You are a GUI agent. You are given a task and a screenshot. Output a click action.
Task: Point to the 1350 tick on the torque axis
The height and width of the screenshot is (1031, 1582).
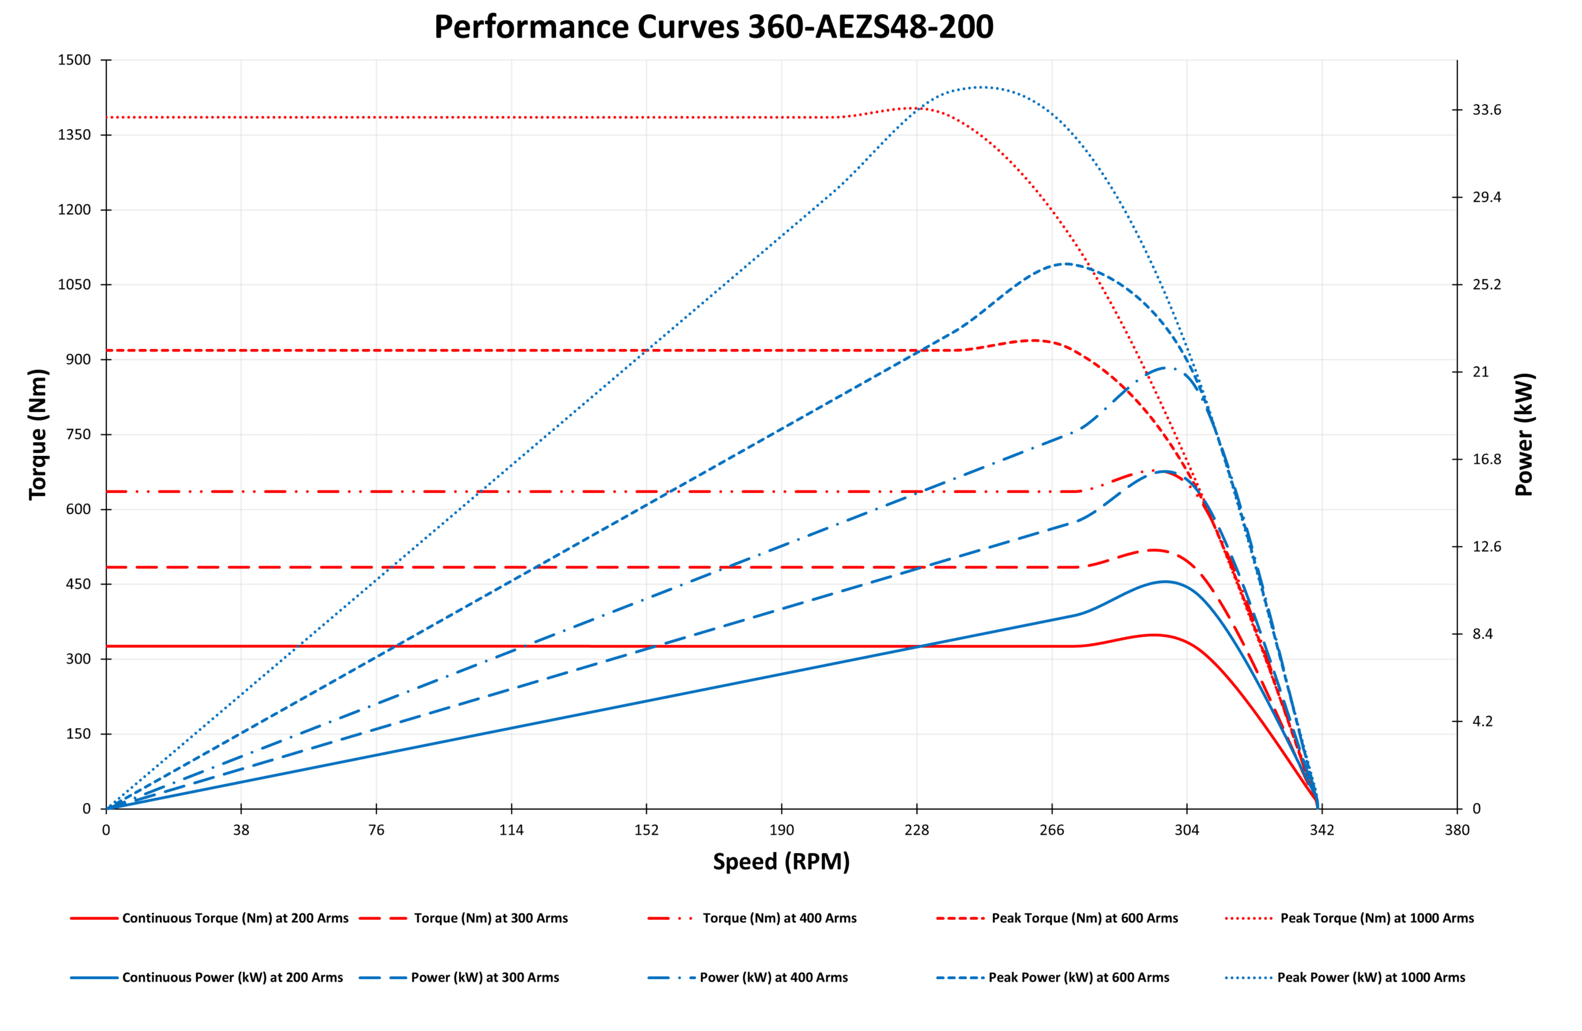(x=74, y=135)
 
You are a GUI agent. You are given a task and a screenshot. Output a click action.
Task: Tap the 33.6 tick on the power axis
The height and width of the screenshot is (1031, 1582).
(x=1487, y=109)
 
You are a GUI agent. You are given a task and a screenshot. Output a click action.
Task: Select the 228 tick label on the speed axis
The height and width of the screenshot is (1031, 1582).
(x=916, y=830)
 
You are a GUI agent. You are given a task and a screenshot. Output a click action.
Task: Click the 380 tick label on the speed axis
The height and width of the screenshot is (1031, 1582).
(x=1457, y=830)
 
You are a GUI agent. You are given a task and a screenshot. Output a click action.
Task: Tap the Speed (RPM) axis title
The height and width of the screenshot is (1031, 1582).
(x=781, y=862)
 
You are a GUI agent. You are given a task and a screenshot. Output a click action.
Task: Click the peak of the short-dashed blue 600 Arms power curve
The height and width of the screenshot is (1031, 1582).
(x=1065, y=264)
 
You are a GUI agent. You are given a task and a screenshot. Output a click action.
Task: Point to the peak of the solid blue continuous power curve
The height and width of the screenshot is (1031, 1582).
(x=1165, y=581)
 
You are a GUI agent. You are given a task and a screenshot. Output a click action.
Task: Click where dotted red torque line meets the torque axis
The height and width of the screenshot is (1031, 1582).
(x=107, y=117)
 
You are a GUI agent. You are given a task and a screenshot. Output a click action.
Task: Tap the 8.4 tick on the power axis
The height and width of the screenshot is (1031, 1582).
(x=1483, y=634)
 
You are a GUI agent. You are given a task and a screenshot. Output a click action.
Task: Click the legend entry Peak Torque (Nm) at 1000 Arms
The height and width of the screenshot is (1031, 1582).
(x=1377, y=918)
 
